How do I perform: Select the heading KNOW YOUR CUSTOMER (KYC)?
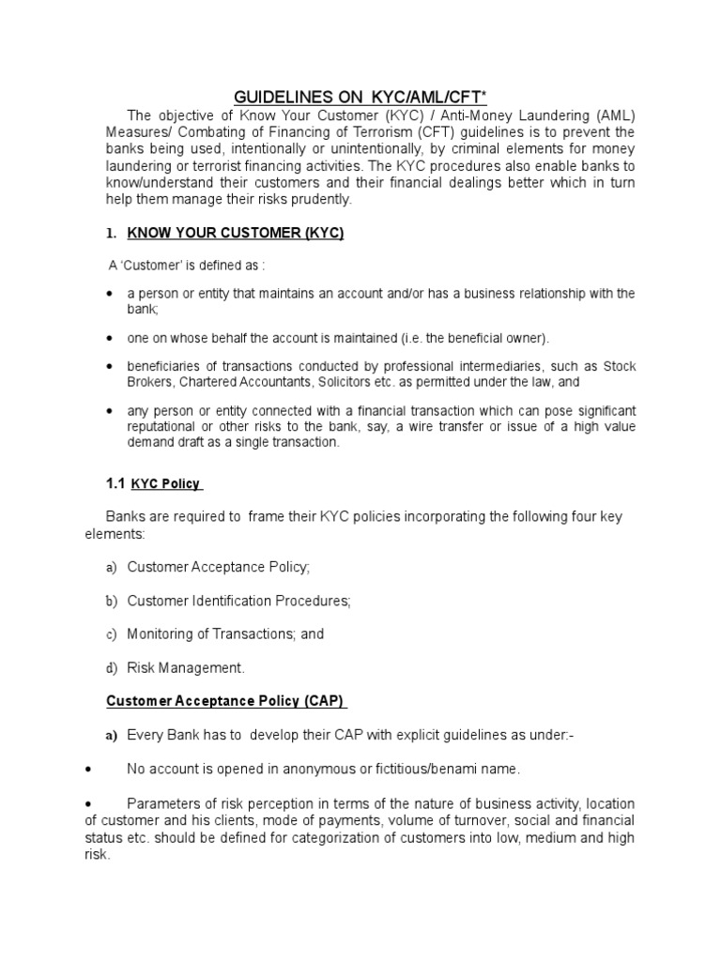point(236,234)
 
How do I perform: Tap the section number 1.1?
point(114,483)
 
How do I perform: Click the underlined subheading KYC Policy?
point(165,484)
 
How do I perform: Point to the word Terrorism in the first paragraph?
point(373,131)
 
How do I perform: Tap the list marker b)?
point(112,601)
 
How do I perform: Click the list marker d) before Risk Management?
point(112,668)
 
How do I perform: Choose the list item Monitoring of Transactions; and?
point(225,634)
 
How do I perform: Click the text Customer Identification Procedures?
point(238,601)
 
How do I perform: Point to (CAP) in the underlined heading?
point(324,701)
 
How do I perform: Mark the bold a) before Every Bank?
point(112,736)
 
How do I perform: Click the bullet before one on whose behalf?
point(109,338)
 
